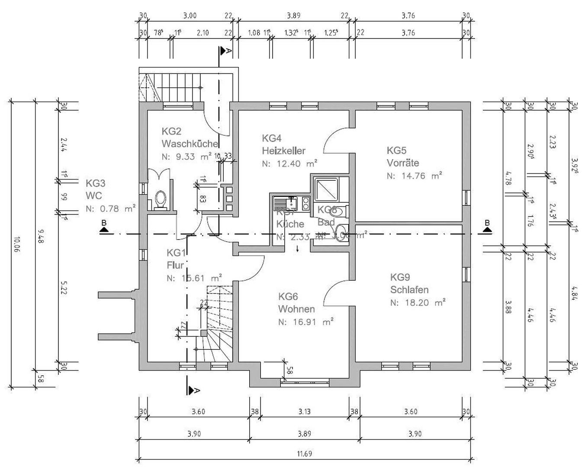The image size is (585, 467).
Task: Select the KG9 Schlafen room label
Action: [409, 283]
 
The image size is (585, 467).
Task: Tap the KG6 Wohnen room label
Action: [296, 303]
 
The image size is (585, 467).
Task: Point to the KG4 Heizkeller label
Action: [283, 144]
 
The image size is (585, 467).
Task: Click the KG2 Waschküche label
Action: [190, 138]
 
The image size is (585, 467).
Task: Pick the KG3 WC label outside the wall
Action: [96, 189]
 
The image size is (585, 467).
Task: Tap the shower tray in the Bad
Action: [326, 188]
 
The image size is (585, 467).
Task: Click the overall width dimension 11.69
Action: [304, 454]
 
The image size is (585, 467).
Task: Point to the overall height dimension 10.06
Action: [16, 245]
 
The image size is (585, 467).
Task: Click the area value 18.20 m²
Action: [418, 303]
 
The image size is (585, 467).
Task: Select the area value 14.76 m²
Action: [415, 176]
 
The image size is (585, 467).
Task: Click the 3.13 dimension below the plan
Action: [304, 412]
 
